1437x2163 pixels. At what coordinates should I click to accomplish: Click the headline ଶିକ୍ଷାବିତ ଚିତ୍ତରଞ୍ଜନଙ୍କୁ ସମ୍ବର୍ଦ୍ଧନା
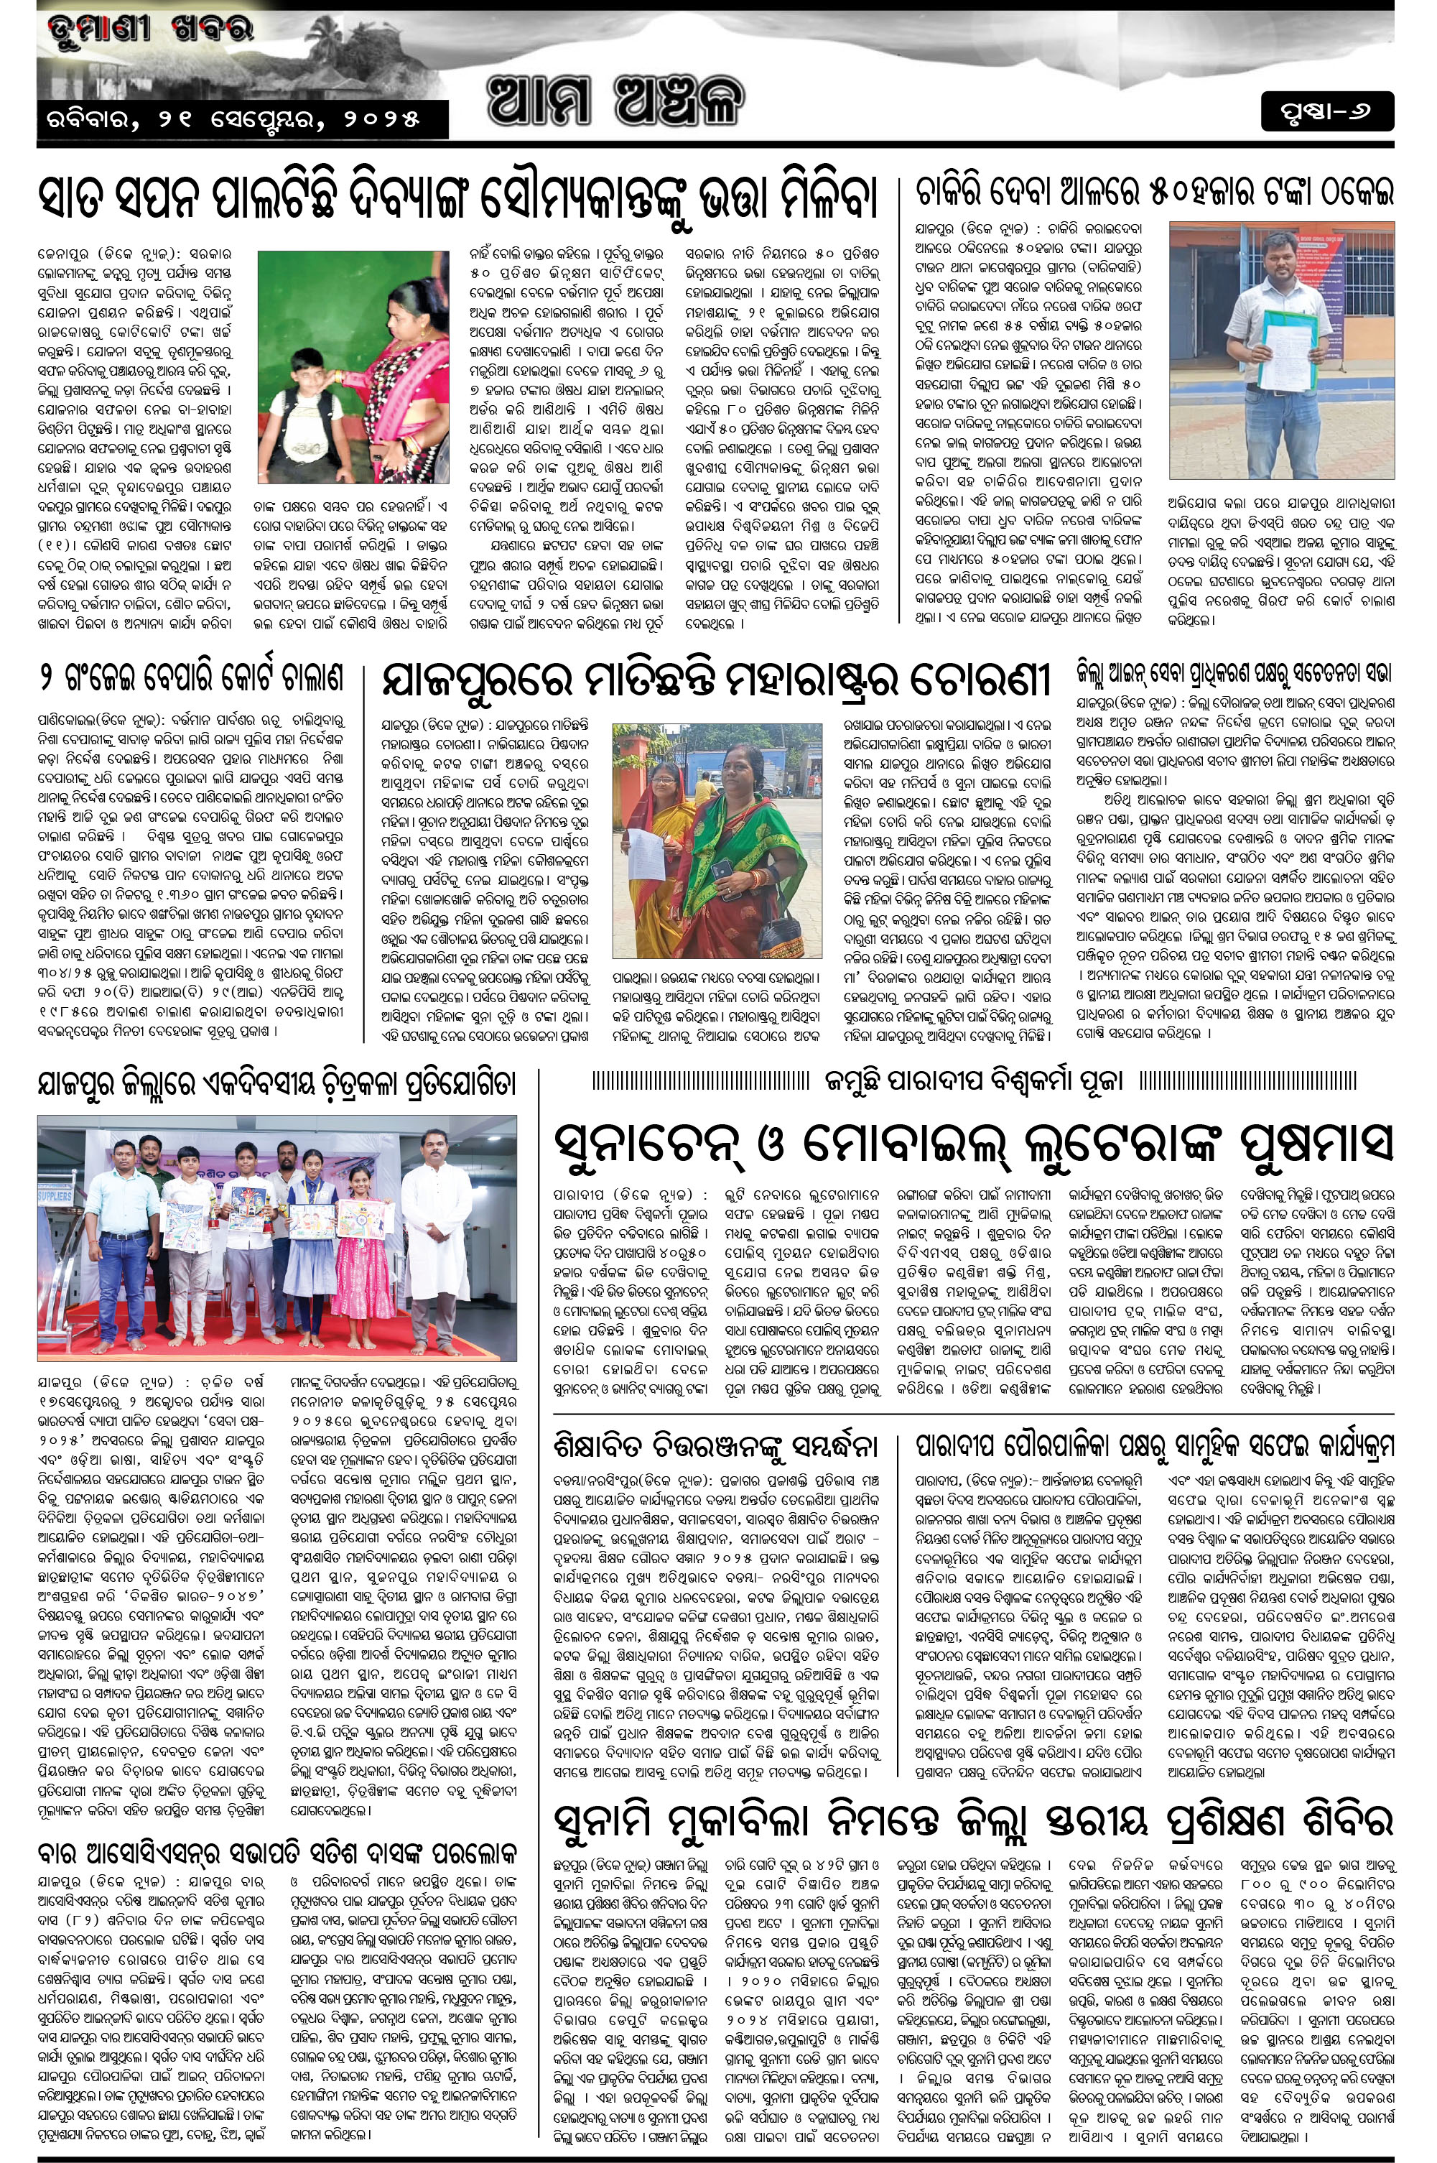(716, 1446)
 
